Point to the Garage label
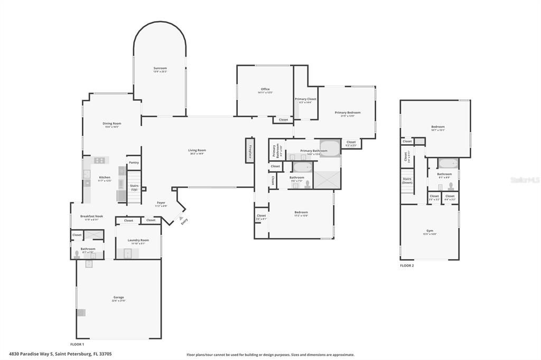[118, 298]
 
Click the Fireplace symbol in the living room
[250, 149]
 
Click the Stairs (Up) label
[134, 187]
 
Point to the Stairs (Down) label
[407, 180]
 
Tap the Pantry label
[134, 163]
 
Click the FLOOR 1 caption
[77, 344]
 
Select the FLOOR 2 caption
[407, 266]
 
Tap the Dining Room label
[112, 125]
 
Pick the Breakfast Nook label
[91, 217]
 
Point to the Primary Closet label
[305, 100]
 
